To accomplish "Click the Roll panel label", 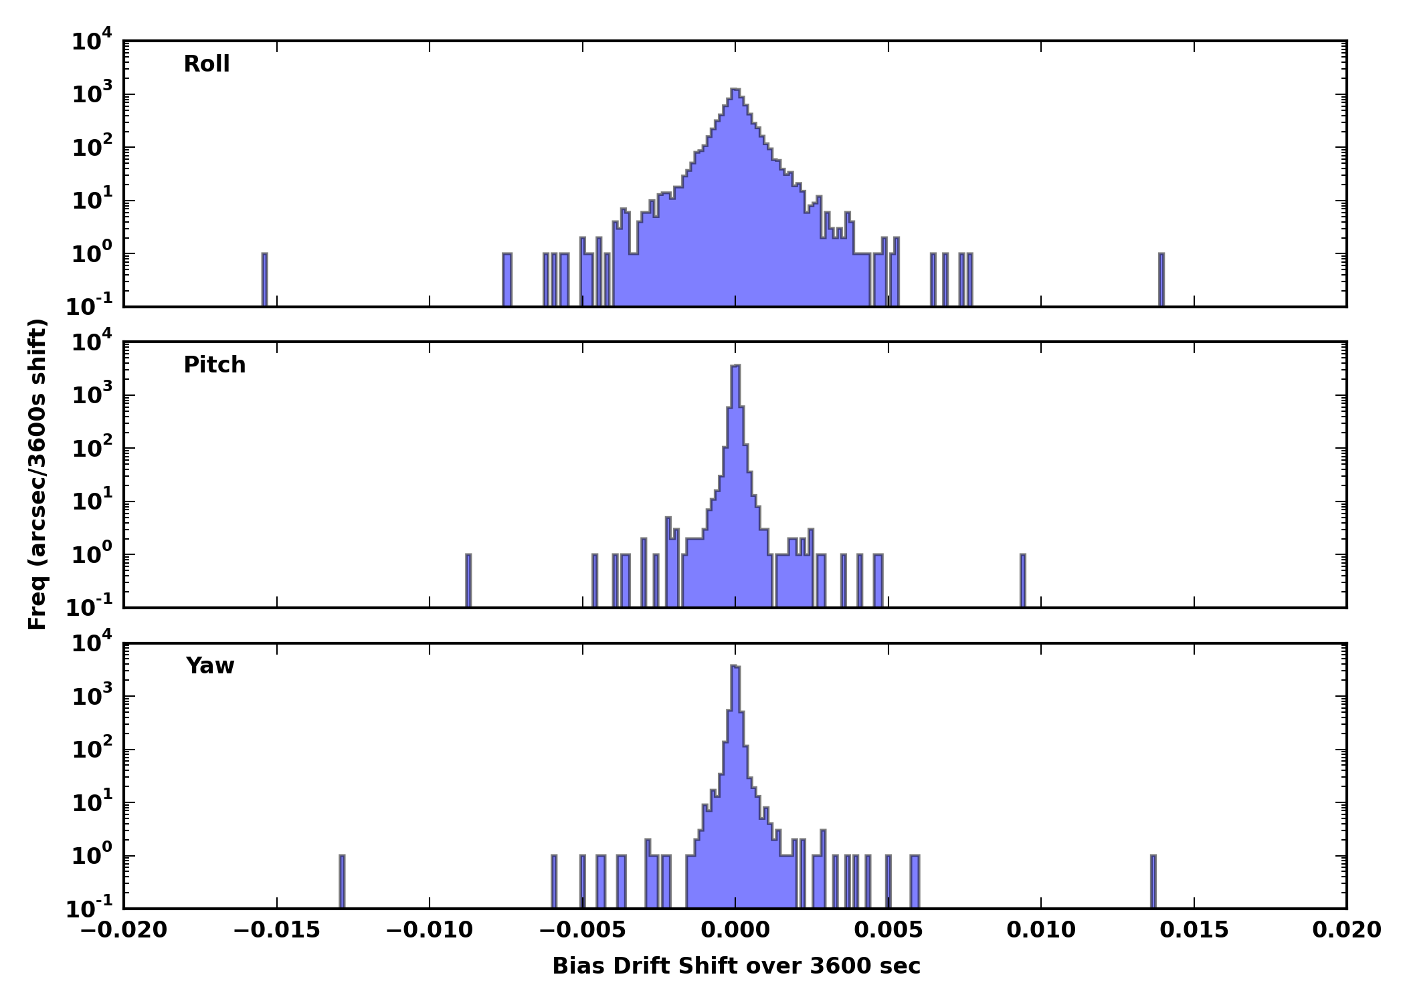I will click(x=207, y=64).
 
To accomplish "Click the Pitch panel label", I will click(x=215, y=365).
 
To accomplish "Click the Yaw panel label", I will click(x=210, y=666).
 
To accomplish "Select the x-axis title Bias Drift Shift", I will click(x=736, y=966).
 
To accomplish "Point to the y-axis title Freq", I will click(x=37, y=475).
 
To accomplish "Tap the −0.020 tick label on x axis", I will click(x=123, y=930).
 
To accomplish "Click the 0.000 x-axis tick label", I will click(x=735, y=930).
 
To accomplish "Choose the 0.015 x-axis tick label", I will click(x=1194, y=930).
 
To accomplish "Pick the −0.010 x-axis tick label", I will click(x=429, y=930).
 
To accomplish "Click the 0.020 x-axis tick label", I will click(x=1346, y=930).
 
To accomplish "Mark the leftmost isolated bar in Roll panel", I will click(x=265, y=280).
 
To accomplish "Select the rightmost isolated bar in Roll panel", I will click(x=1161, y=280).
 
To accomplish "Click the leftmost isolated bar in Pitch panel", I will click(x=468, y=580).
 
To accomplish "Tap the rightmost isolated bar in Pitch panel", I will click(x=1023, y=580).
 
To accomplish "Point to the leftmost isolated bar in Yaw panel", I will click(x=342, y=881).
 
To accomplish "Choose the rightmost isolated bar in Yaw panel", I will click(x=1153, y=881).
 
